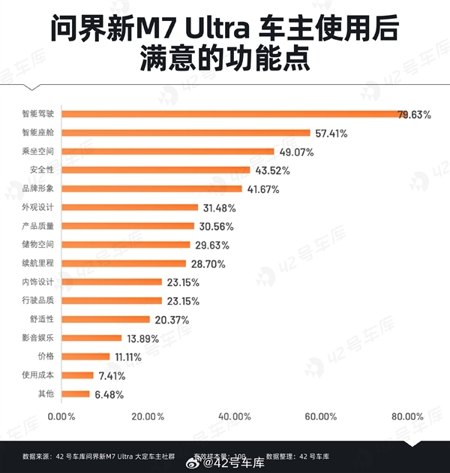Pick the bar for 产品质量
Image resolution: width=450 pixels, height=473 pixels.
point(128,226)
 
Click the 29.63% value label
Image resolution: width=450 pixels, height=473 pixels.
point(214,245)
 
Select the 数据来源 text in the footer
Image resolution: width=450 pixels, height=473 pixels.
point(37,456)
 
